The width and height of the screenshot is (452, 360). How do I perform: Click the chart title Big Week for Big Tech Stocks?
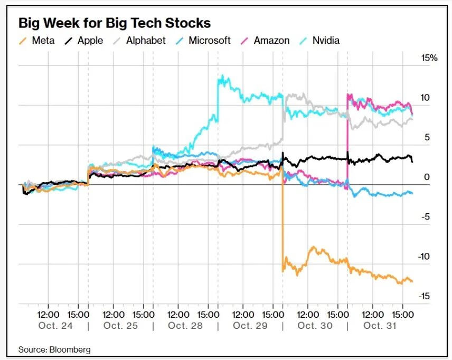[x=115, y=23]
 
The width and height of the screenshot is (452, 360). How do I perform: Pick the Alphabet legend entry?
[x=139, y=40]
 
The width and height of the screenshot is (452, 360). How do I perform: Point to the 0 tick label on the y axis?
[x=427, y=177]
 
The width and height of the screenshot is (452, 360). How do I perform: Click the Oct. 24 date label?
[x=55, y=326]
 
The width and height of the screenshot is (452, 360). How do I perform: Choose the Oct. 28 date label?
[x=185, y=326]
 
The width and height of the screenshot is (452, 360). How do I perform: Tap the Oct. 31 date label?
[x=380, y=326]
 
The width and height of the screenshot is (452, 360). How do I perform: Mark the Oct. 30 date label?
[x=315, y=326]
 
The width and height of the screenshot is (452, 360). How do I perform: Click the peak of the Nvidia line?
[x=222, y=77]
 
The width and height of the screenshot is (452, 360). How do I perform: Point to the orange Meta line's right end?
[x=412, y=281]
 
